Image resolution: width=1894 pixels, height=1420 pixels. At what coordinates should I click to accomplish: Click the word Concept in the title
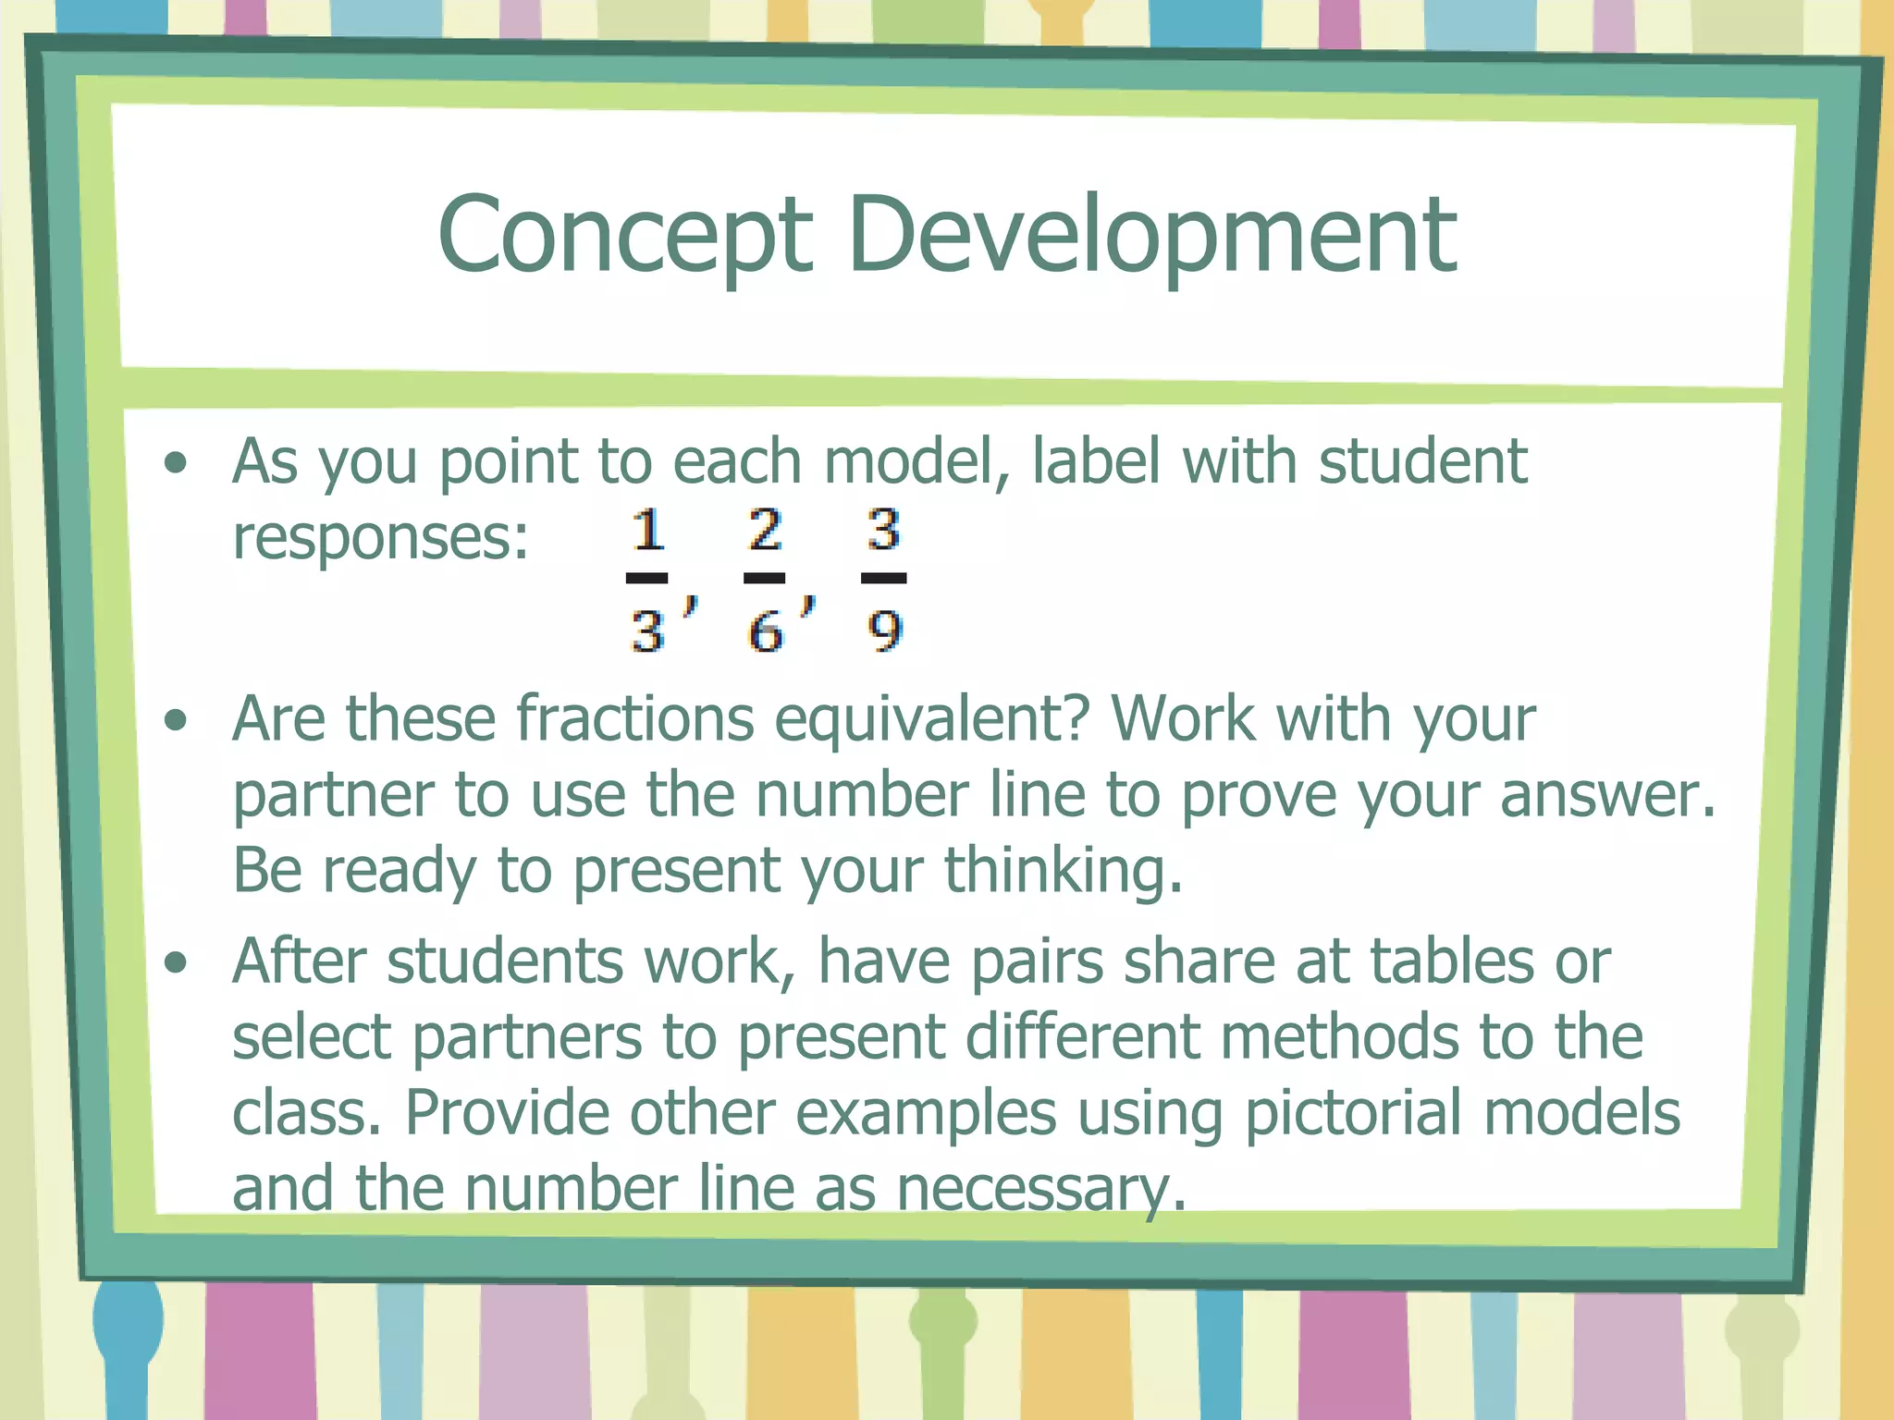[x=624, y=236]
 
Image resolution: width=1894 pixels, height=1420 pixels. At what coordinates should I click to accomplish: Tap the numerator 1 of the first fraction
[x=648, y=531]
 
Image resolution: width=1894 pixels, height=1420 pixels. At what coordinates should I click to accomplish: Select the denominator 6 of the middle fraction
[x=766, y=632]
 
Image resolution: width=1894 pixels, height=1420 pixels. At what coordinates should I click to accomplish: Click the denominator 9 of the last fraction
[x=884, y=632]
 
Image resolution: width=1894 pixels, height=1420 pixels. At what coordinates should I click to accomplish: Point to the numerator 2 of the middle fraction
[x=765, y=530]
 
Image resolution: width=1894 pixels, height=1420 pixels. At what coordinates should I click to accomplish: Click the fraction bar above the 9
[x=883, y=578]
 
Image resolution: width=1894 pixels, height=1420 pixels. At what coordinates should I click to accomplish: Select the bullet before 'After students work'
[x=175, y=962]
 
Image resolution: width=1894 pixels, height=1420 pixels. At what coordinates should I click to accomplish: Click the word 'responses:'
[x=380, y=538]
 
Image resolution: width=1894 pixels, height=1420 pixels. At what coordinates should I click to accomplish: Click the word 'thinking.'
[x=1064, y=871]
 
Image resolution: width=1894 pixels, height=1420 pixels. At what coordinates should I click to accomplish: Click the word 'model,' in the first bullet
[x=916, y=462]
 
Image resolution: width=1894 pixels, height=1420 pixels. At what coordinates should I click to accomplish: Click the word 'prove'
[x=1259, y=795]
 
